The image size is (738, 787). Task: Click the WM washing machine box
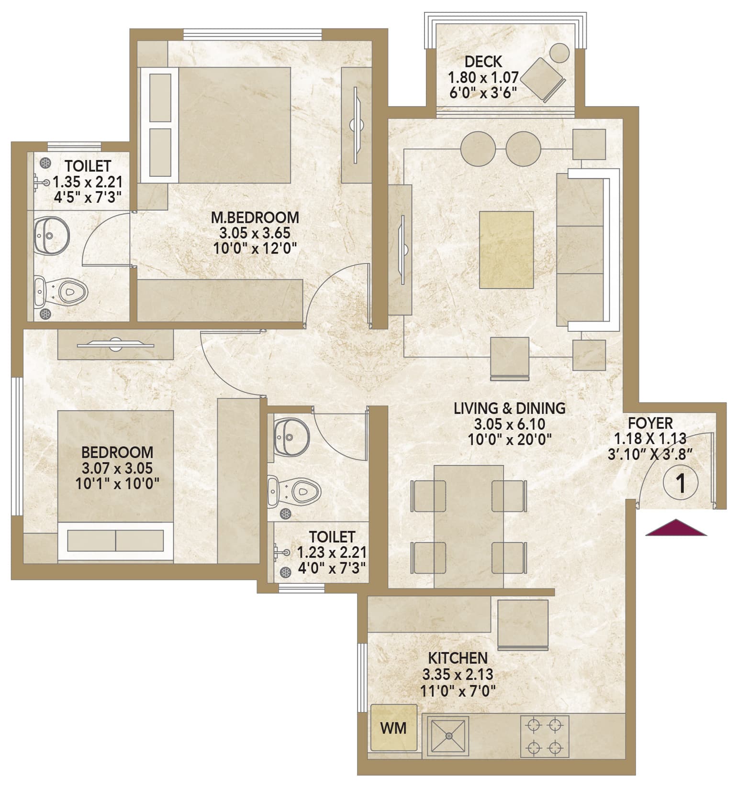click(x=393, y=728)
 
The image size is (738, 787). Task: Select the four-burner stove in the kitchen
click(x=545, y=736)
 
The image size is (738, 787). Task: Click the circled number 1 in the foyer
click(x=680, y=483)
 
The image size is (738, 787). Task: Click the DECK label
click(x=483, y=62)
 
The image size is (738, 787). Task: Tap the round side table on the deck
click(x=559, y=52)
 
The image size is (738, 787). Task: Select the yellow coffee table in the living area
click(x=506, y=250)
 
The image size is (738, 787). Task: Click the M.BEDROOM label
click(x=255, y=218)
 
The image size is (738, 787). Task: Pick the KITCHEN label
click(x=458, y=658)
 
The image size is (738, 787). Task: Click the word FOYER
click(x=650, y=423)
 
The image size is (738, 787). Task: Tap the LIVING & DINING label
click(x=510, y=408)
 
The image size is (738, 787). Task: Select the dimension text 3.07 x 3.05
click(x=117, y=468)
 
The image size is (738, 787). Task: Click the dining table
click(x=469, y=526)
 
